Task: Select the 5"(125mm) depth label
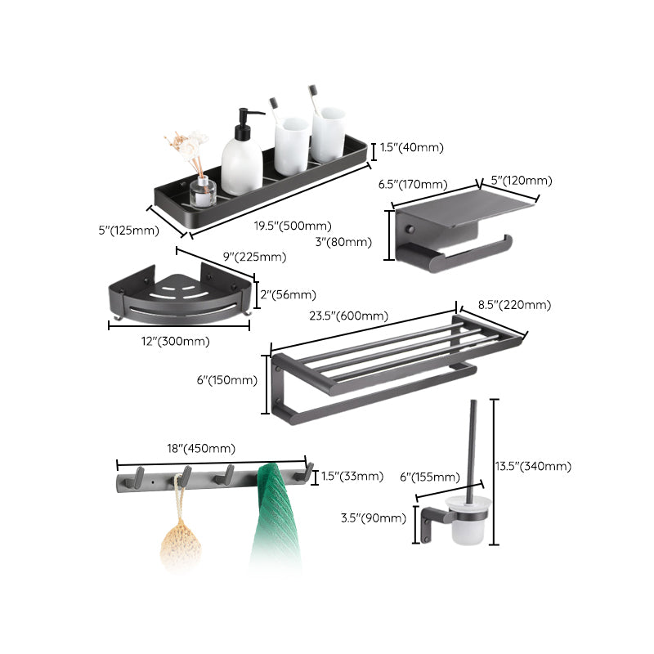pyautogui.click(x=123, y=231)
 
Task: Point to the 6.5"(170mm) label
pyautogui.click(x=413, y=185)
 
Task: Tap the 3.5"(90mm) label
pyautogui.click(x=374, y=517)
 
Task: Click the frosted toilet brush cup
pyautogui.click(x=472, y=523)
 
